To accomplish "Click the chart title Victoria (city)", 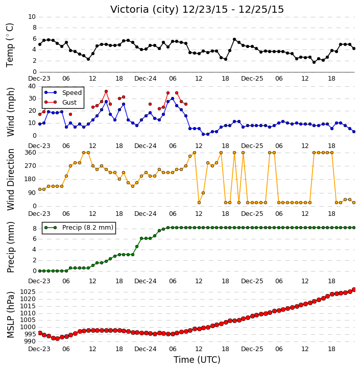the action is tap(144, 10).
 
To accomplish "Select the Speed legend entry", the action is tap(63, 92).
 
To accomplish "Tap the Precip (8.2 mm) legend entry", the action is tap(79, 228).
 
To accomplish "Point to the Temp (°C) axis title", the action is tap(10, 45).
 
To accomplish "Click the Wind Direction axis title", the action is tap(10, 180).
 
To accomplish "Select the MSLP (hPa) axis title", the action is tap(10, 315).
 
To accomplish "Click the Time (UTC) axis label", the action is tap(197, 360).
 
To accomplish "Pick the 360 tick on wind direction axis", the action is tap(31, 153).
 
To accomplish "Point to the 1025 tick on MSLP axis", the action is tap(28, 292).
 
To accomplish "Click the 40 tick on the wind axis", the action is tap(32, 86).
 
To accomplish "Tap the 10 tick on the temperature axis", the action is tap(32, 17).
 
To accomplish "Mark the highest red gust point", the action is tap(106, 91).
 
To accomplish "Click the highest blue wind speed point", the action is tap(173, 98).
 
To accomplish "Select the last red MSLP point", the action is tap(354, 289).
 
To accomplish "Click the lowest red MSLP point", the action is tap(57, 339).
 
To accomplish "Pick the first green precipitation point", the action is tap(40, 271).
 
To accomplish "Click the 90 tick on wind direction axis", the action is tap(33, 193).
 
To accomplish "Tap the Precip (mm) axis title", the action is tap(10, 248).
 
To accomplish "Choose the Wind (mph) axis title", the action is tap(10, 112).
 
